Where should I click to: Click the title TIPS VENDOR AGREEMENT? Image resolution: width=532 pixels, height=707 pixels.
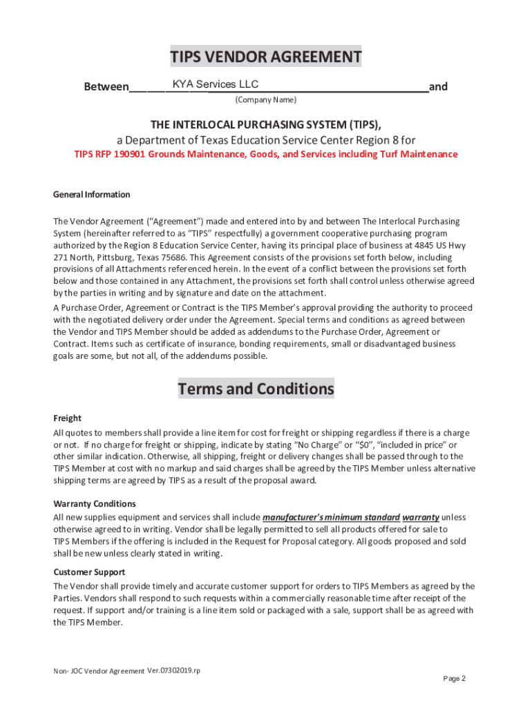[266, 57]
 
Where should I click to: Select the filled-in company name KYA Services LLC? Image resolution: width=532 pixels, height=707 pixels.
[216, 84]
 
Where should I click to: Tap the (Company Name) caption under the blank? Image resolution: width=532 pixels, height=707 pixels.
[266, 100]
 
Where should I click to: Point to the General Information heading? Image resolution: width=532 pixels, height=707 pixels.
[91, 195]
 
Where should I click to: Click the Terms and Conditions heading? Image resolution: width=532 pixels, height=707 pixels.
[256, 389]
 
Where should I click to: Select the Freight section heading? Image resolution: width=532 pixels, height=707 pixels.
[67, 418]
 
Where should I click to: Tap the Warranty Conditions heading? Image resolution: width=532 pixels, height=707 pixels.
[95, 503]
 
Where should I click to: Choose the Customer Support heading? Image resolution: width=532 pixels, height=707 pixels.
[89, 572]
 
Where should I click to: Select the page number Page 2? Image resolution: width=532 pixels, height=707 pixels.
[454, 679]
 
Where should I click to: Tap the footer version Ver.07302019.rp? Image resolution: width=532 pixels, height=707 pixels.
[173, 670]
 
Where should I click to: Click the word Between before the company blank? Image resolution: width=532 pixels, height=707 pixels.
[106, 87]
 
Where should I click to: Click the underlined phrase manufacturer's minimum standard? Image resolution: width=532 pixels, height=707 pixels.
[331, 517]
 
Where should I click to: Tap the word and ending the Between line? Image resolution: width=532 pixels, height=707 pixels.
[438, 87]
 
